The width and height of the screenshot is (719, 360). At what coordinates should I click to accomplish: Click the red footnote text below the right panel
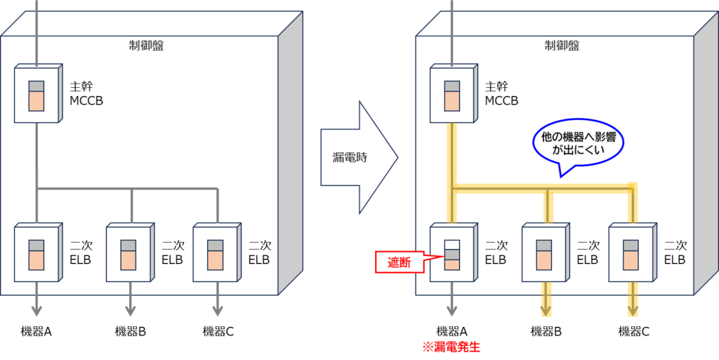pyautogui.click(x=451, y=346)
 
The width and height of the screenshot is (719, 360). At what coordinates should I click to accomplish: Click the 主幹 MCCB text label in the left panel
pyautogui.click(x=86, y=94)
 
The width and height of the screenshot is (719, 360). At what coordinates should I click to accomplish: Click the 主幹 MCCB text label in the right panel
pyautogui.click(x=502, y=94)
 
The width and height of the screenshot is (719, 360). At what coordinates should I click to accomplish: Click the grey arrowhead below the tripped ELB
pyautogui.click(x=451, y=310)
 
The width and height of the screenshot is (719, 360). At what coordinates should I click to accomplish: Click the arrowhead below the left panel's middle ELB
pyautogui.click(x=130, y=310)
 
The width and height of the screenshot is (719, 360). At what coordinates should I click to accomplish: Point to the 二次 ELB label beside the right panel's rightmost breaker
pyautogui.click(x=675, y=253)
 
